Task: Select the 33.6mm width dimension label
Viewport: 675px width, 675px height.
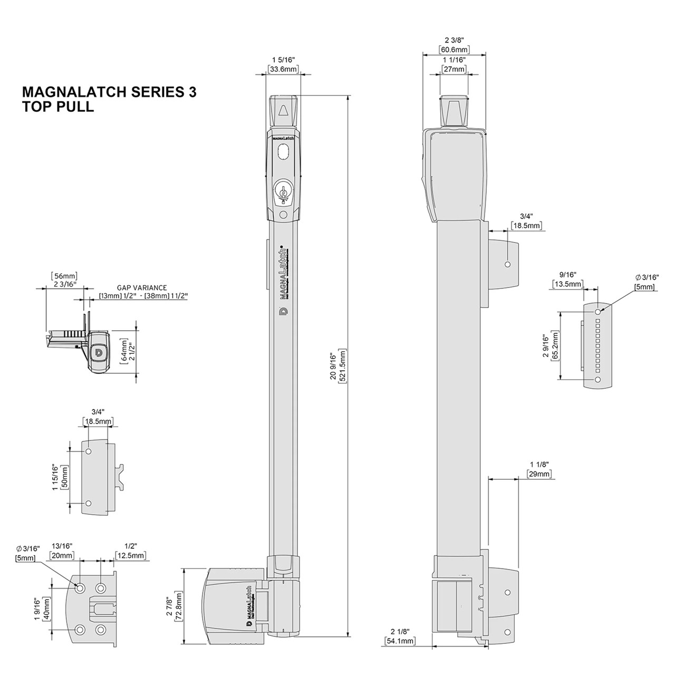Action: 283,69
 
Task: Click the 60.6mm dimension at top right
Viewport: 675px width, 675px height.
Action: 454,50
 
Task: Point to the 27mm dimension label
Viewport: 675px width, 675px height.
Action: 454,69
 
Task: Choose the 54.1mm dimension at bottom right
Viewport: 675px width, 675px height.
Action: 399,641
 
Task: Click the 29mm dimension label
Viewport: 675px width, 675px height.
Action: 539,474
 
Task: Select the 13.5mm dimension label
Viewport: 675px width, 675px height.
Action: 567,284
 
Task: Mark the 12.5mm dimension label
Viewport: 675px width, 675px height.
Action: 131,556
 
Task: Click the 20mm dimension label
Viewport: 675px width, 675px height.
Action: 63,556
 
